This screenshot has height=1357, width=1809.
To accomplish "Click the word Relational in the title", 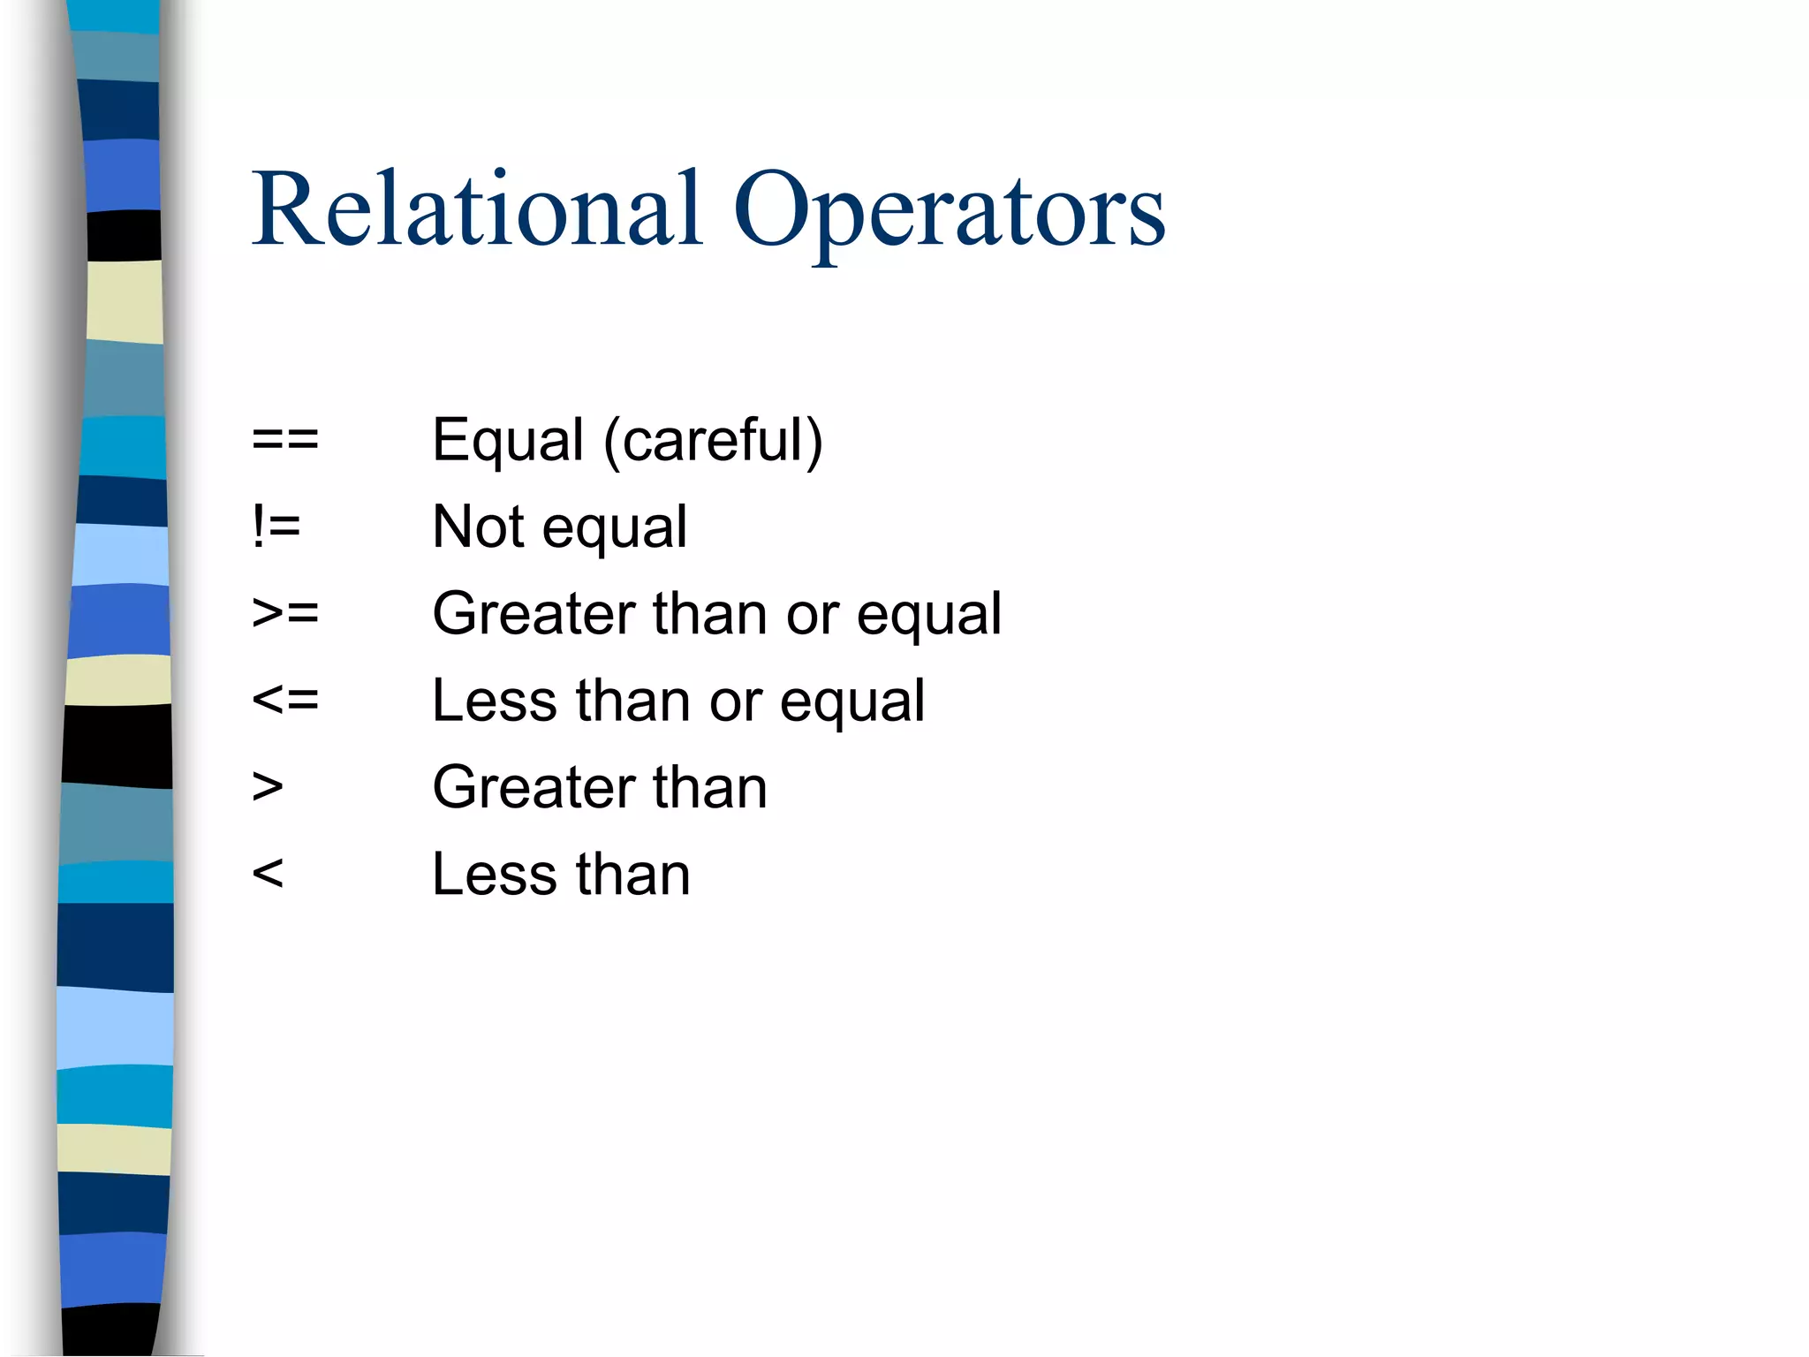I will [x=477, y=210].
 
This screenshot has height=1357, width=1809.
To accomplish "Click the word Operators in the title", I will [x=949, y=212].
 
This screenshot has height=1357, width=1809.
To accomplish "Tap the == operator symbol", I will [x=284, y=439].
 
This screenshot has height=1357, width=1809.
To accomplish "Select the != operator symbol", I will [x=276, y=527].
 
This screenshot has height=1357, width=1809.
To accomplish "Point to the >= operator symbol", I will [x=284, y=612].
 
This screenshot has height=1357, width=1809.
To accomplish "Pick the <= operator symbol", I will [x=284, y=700].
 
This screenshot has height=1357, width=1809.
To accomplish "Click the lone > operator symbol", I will [x=267, y=786].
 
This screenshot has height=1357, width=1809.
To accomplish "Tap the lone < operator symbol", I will [x=267, y=874].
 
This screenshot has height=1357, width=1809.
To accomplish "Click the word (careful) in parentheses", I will [x=713, y=440].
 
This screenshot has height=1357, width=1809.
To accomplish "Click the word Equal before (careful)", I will [x=508, y=440].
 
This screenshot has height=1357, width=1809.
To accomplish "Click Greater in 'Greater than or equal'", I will [x=534, y=613].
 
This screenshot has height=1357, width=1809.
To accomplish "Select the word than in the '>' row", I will [x=710, y=787].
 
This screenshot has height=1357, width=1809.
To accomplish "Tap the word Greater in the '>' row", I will [x=534, y=787].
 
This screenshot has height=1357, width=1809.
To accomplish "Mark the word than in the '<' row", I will [x=633, y=875].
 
